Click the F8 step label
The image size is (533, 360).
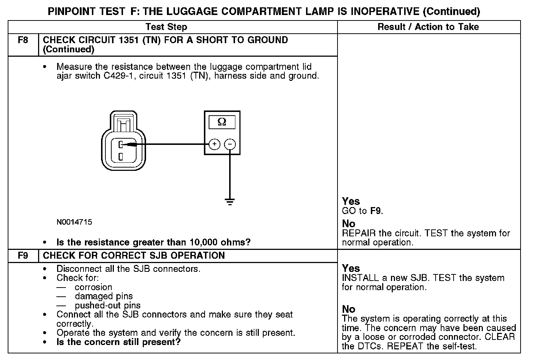(23, 40)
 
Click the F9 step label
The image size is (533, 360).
(23, 255)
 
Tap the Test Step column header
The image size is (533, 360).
(166, 27)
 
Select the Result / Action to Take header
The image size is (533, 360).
(428, 27)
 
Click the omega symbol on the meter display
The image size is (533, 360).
(222, 122)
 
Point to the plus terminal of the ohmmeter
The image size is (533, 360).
(214, 145)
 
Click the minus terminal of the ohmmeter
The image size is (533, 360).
(230, 145)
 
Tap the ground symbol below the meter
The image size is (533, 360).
(230, 201)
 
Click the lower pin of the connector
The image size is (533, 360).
(120, 157)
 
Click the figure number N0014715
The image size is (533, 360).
(74, 222)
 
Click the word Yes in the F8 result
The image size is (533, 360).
(351, 201)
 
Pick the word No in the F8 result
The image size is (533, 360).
(348, 224)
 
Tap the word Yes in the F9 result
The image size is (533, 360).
(351, 268)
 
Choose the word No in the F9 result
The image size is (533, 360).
(348, 309)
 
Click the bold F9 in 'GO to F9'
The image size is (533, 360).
(376, 211)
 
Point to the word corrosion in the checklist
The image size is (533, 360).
(93, 287)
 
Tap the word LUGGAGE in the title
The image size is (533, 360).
(190, 11)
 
